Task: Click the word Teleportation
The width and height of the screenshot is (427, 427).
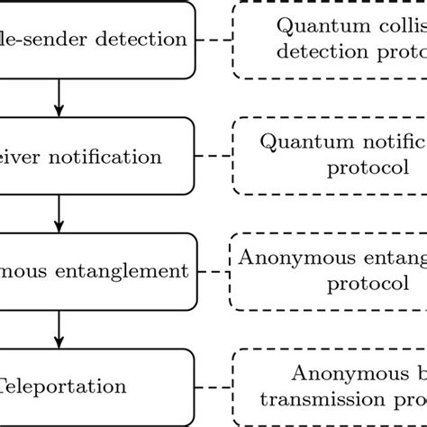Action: pyautogui.click(x=63, y=386)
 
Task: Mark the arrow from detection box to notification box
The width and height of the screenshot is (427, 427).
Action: pyautogui.click(x=59, y=97)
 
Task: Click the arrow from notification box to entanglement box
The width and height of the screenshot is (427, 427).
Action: pyautogui.click(x=59, y=213)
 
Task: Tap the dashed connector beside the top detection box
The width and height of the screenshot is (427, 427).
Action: pyautogui.click(x=213, y=40)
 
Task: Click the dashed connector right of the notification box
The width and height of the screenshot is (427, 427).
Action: pyautogui.click(x=213, y=156)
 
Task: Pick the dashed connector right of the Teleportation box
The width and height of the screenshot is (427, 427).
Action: pyautogui.click(x=213, y=386)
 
